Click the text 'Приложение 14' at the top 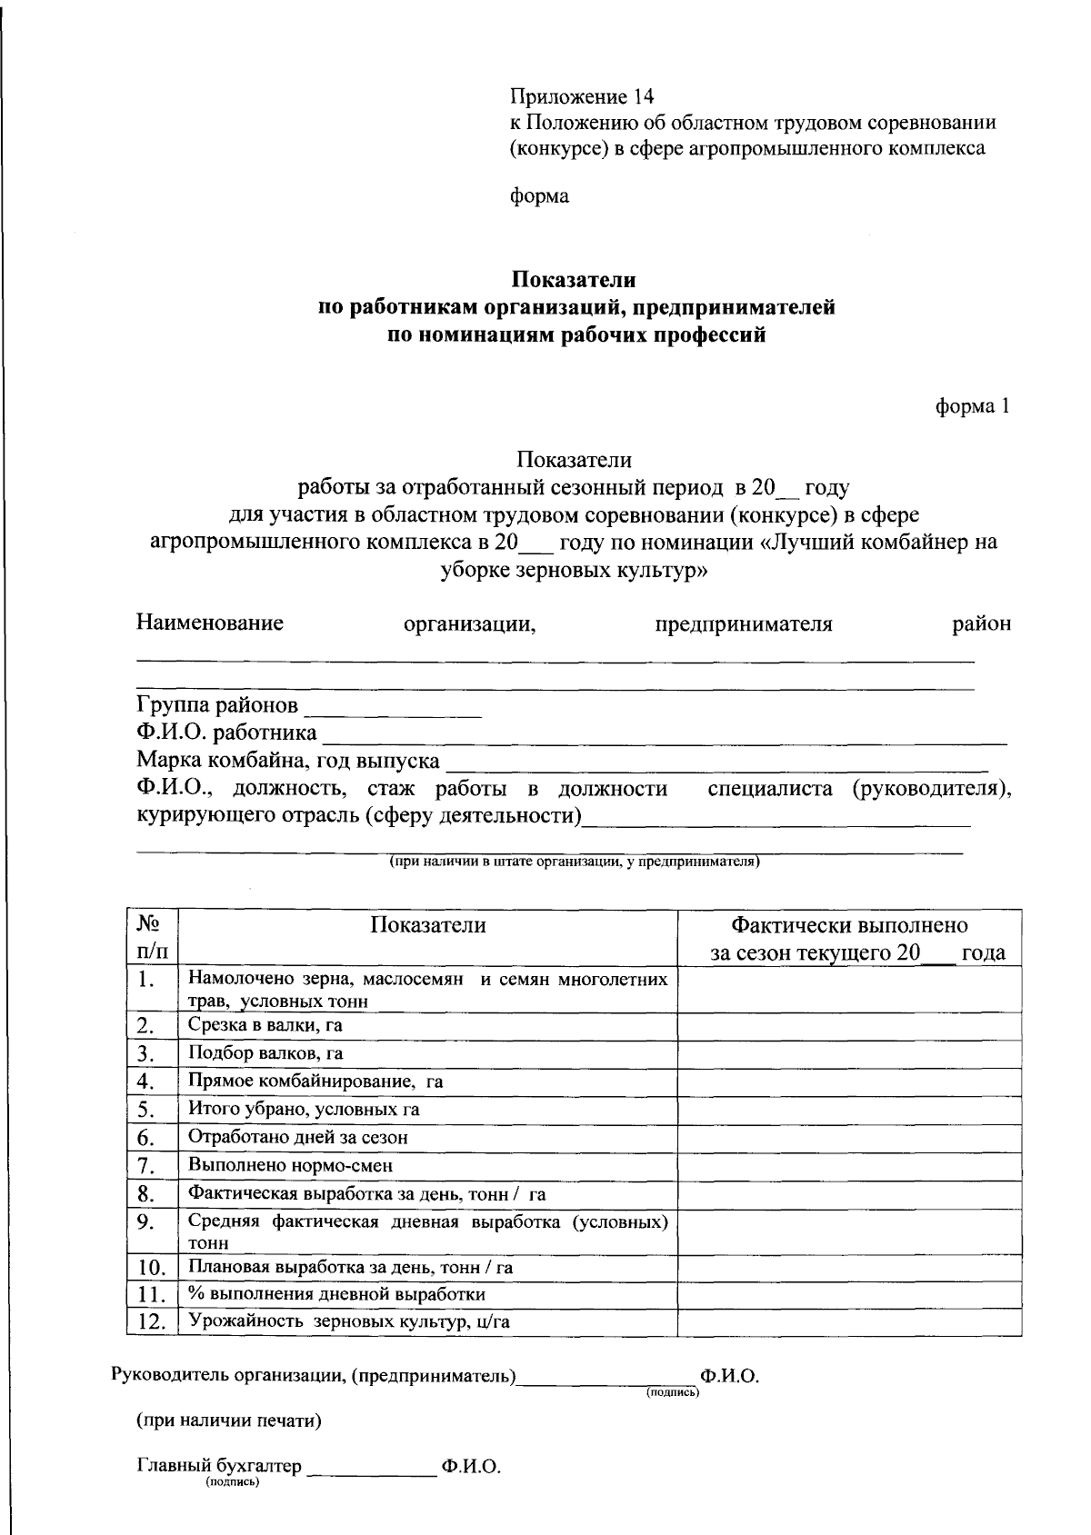click(582, 96)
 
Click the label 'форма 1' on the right click(973, 407)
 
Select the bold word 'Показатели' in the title click(573, 280)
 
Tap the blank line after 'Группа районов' click(393, 709)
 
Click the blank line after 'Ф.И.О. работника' click(664, 736)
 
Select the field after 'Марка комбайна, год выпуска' click(718, 763)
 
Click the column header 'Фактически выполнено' click(849, 925)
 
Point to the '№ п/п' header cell click(152, 937)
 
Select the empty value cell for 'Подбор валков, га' click(849, 1053)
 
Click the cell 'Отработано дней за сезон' click(298, 1137)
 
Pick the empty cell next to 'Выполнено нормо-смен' click(849, 1165)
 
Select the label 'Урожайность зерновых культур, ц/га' click(349, 1321)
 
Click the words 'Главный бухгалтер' click(218, 1466)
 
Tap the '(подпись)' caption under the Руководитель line click(673, 1392)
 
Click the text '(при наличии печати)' click(229, 1420)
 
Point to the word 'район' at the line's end click(981, 624)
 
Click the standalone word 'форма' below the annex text click(539, 196)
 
